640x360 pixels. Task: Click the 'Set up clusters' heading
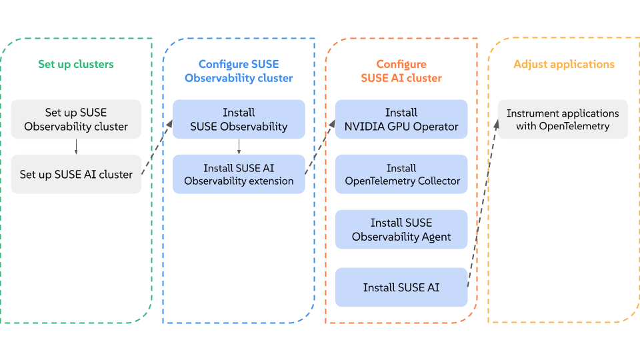click(x=76, y=65)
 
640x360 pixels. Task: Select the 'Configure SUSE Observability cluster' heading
click(x=239, y=71)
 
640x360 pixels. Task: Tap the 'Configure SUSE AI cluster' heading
click(x=401, y=71)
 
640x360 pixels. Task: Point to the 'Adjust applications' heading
click(x=564, y=65)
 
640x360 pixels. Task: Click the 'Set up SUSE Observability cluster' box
click(x=76, y=119)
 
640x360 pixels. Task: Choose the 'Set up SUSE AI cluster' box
click(x=76, y=174)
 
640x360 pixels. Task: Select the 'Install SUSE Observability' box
click(x=239, y=119)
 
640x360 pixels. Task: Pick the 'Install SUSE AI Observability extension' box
click(x=239, y=174)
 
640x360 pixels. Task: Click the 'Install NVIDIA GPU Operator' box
click(x=401, y=119)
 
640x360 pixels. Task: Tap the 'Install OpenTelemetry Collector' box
click(x=401, y=174)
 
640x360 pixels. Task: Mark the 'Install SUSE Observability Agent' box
click(x=401, y=229)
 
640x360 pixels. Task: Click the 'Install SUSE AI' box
click(x=401, y=287)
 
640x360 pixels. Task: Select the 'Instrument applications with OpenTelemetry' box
click(x=563, y=119)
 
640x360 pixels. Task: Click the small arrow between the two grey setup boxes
click(x=76, y=147)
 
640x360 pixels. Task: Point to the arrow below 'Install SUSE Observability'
click(x=239, y=147)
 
